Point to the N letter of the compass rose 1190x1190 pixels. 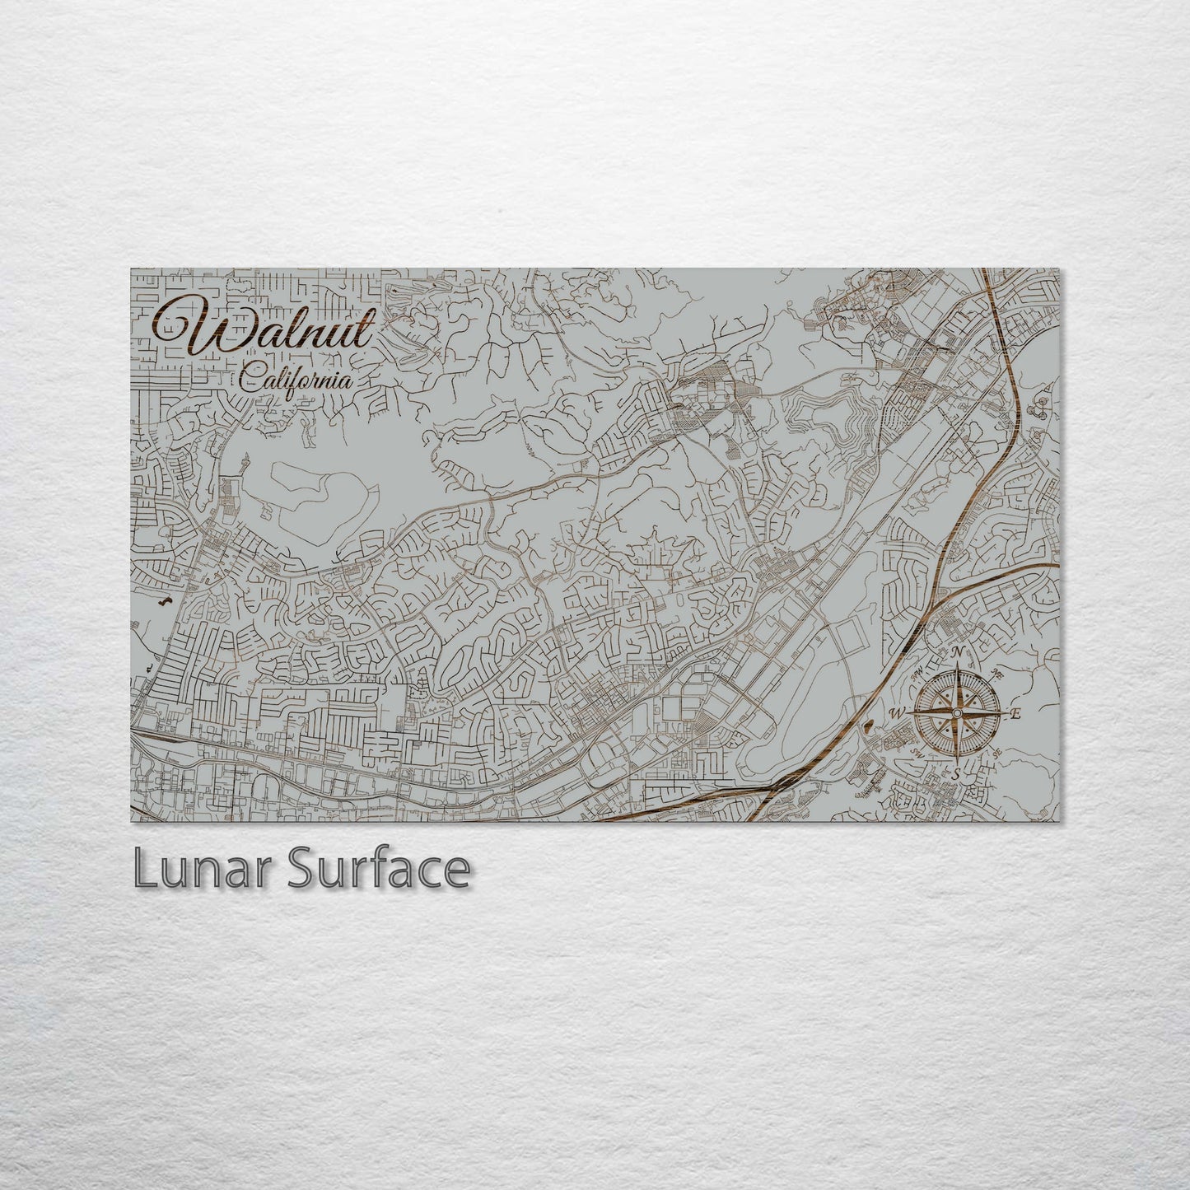click(x=958, y=653)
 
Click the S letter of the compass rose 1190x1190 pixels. click(x=956, y=774)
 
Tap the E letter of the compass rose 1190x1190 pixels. click(x=1015, y=714)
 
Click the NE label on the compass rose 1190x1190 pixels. click(x=997, y=674)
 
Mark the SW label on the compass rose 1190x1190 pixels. click(x=917, y=752)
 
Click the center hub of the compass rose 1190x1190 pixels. click(x=957, y=712)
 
